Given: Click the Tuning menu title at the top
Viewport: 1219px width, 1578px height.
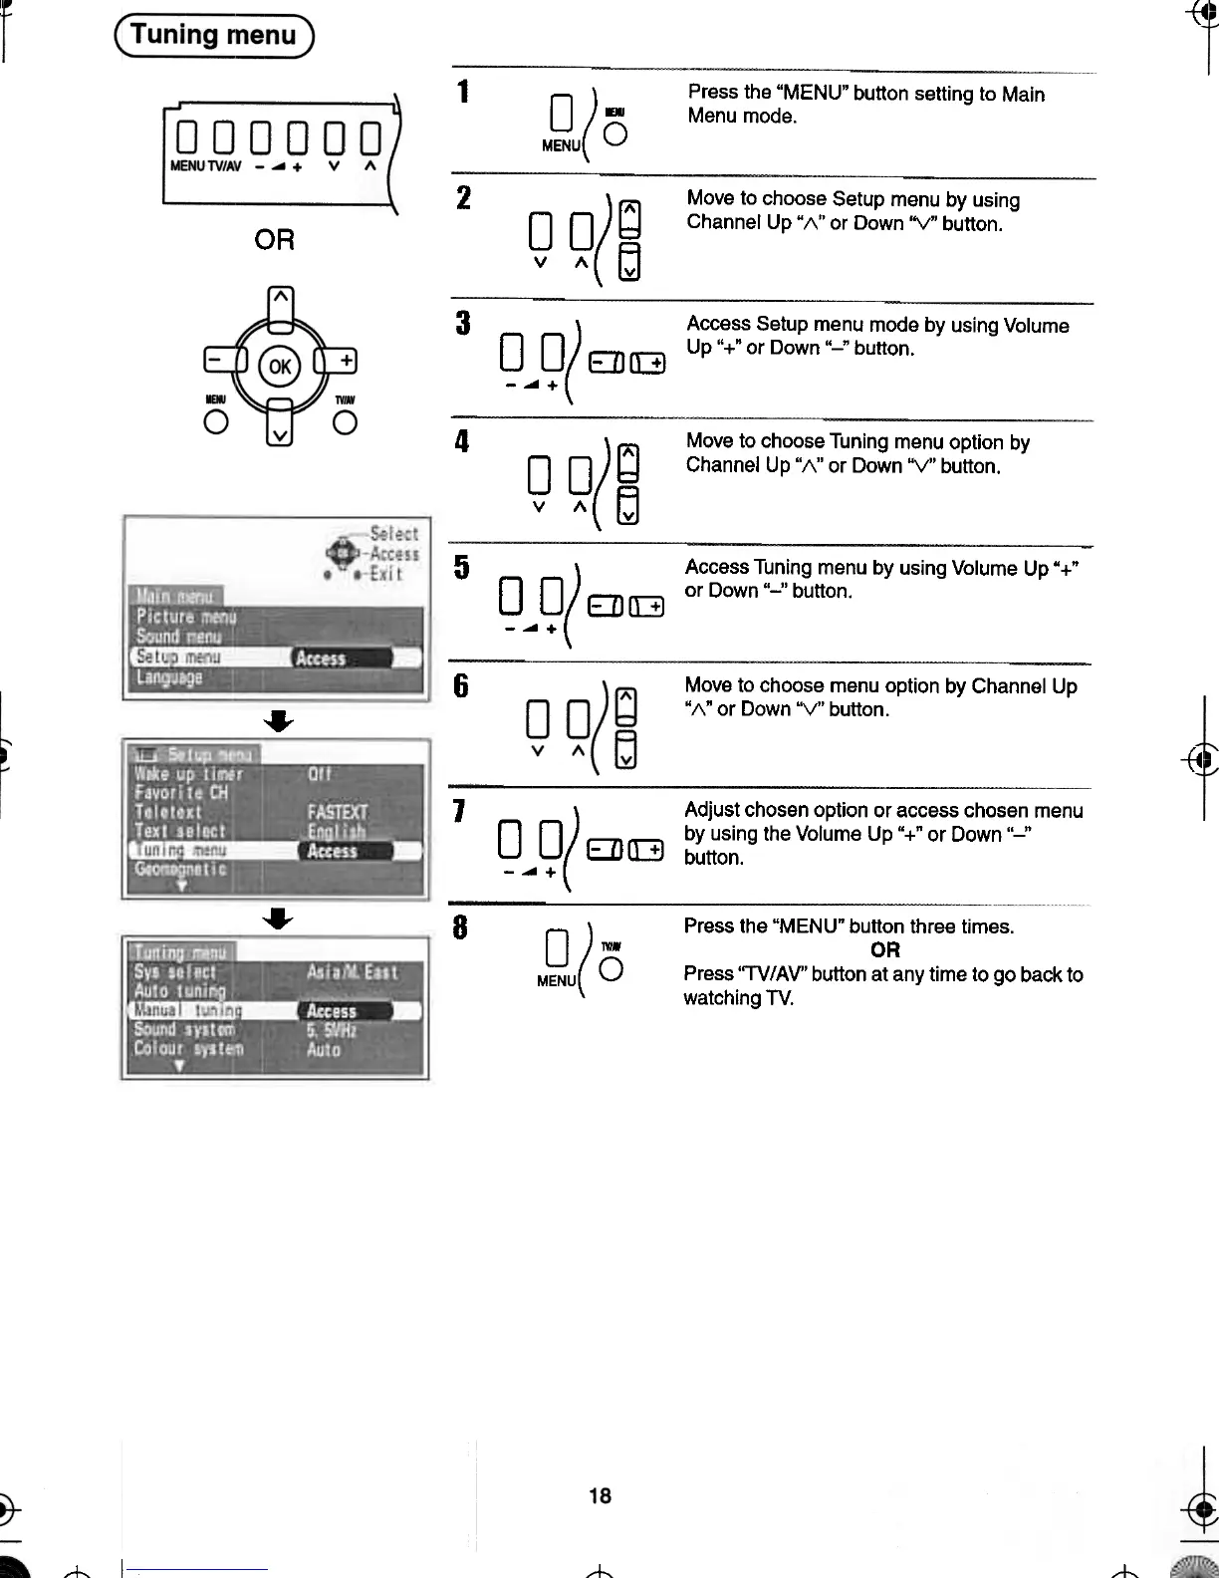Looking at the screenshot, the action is [213, 36].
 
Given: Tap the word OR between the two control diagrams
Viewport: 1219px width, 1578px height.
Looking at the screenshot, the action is [274, 240].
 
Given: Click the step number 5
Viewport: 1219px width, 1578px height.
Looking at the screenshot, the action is [461, 567].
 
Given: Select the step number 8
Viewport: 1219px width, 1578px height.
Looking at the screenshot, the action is [460, 927].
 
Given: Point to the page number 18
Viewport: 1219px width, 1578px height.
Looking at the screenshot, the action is [600, 1495].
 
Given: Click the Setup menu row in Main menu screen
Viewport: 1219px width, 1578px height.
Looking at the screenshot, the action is [179, 657].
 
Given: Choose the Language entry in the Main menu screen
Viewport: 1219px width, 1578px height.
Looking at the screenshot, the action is [169, 677].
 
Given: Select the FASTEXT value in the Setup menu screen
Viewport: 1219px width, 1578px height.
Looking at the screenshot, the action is [337, 812].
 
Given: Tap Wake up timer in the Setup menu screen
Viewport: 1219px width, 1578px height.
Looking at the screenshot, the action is [188, 774].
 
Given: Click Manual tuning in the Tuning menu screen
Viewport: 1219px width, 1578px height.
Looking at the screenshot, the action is [188, 1010].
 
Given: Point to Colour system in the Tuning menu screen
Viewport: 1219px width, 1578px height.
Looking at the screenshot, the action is [188, 1049].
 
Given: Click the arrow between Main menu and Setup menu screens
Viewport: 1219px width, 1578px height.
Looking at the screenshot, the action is [280, 720].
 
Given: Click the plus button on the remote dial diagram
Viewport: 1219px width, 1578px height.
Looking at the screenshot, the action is [342, 361].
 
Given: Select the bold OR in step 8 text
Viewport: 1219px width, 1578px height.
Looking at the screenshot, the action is [884, 949].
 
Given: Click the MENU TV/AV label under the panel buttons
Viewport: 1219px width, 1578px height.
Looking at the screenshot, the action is [205, 166].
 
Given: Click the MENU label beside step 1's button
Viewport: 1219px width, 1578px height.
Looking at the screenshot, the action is [561, 145].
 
